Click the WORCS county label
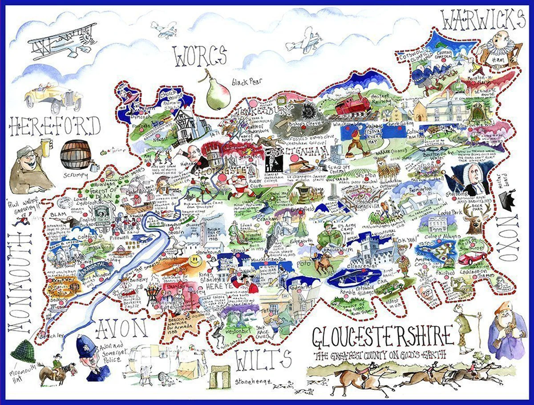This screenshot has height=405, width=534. [200, 57]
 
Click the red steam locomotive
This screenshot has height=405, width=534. [353, 106]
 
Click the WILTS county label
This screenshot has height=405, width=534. [262, 360]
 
